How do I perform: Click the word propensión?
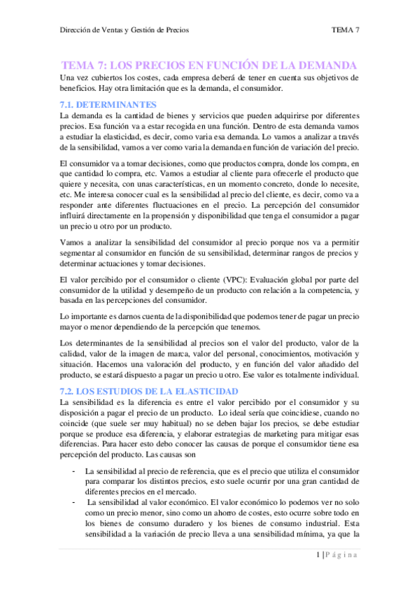tap(204, 216)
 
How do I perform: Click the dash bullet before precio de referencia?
tap(74, 471)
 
